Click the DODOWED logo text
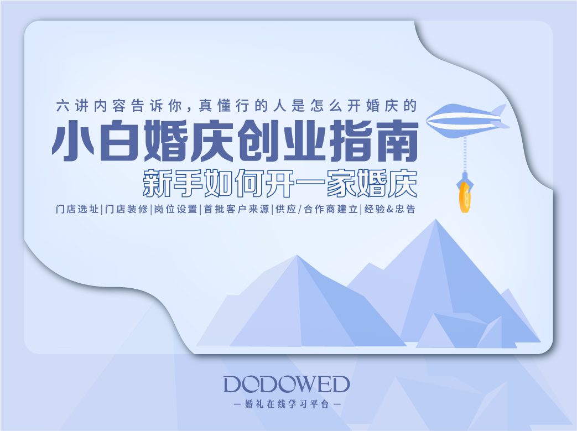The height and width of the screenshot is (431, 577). [287, 385]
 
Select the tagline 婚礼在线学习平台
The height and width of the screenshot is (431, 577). [287, 404]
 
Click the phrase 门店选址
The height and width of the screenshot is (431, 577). [77, 209]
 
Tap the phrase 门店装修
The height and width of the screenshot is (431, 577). [126, 209]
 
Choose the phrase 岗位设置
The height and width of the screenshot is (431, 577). [175, 209]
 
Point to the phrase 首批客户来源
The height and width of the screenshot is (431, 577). [237, 209]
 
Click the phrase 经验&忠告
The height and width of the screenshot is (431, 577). [389, 209]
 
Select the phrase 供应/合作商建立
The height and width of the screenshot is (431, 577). [317, 209]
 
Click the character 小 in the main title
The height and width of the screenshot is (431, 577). [74, 141]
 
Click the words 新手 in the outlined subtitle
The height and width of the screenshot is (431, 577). [173, 183]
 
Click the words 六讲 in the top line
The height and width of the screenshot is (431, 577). [72, 106]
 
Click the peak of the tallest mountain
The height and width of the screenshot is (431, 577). [436, 219]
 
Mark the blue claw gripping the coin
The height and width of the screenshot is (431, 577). [465, 181]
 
